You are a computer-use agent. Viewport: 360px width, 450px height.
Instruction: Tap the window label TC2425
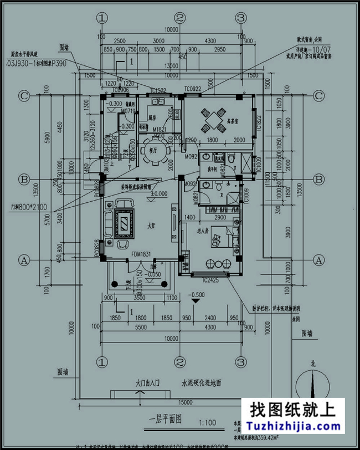(211, 281)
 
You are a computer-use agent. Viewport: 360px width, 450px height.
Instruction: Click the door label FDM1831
(142, 254)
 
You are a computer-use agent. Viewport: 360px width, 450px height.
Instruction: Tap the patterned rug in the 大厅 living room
(123, 225)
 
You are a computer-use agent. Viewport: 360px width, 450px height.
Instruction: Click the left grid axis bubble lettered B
(24, 180)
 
